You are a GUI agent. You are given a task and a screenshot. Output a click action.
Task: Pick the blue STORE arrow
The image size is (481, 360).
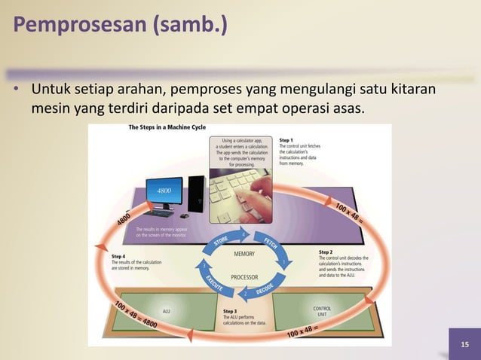coord(220,240)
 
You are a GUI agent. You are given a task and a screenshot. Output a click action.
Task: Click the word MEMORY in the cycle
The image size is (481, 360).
coord(244,254)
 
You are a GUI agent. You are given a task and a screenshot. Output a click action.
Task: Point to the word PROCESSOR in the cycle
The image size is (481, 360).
coord(244,276)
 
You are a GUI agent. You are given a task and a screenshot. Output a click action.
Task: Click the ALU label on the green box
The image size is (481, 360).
coord(166,310)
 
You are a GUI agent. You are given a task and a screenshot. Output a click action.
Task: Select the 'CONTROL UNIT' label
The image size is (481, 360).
coord(321,311)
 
